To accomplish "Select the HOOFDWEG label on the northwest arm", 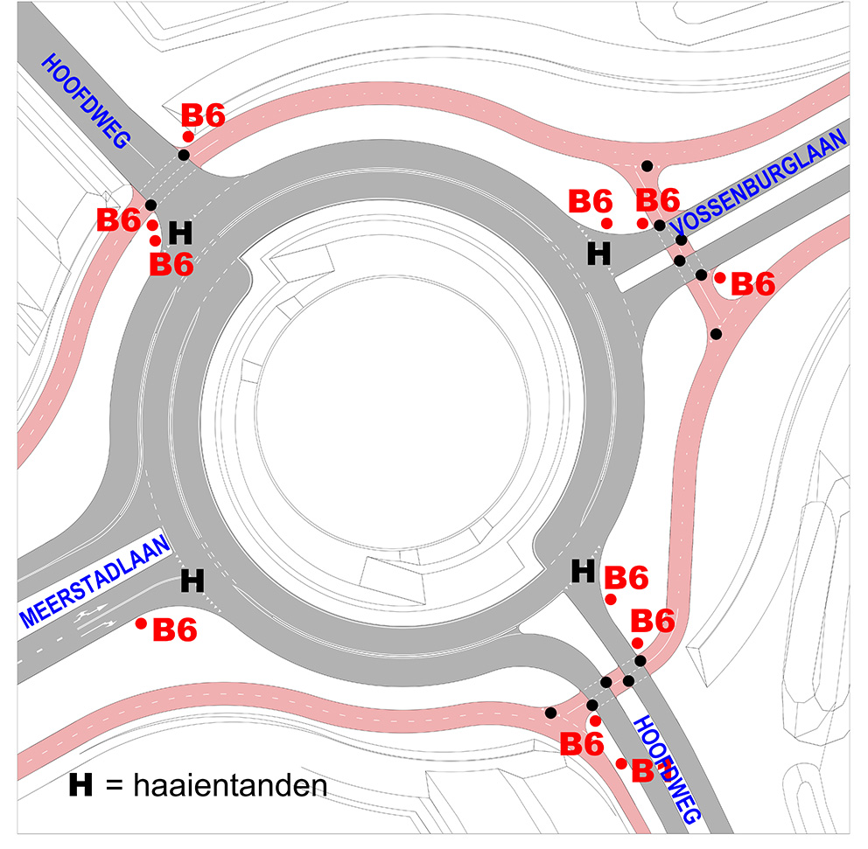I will (86, 99).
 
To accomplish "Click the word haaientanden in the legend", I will (230, 785).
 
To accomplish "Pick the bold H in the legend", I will (81, 785).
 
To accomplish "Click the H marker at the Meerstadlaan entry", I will (192, 580).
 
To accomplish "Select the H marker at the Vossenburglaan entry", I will (598, 254).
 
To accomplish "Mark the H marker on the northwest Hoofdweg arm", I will (179, 233).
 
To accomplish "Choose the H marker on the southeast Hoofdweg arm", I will (583, 571).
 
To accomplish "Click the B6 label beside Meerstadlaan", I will (175, 630).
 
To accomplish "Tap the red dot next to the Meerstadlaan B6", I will (141, 623).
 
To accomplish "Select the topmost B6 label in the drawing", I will (203, 115).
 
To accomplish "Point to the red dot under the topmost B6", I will (188, 136).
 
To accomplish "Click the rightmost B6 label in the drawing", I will (753, 283).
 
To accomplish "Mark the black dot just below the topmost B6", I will (184, 155).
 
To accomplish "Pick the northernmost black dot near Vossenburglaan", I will (647, 166).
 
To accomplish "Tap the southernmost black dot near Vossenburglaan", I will (717, 334).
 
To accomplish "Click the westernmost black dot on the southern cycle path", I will (549, 713).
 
